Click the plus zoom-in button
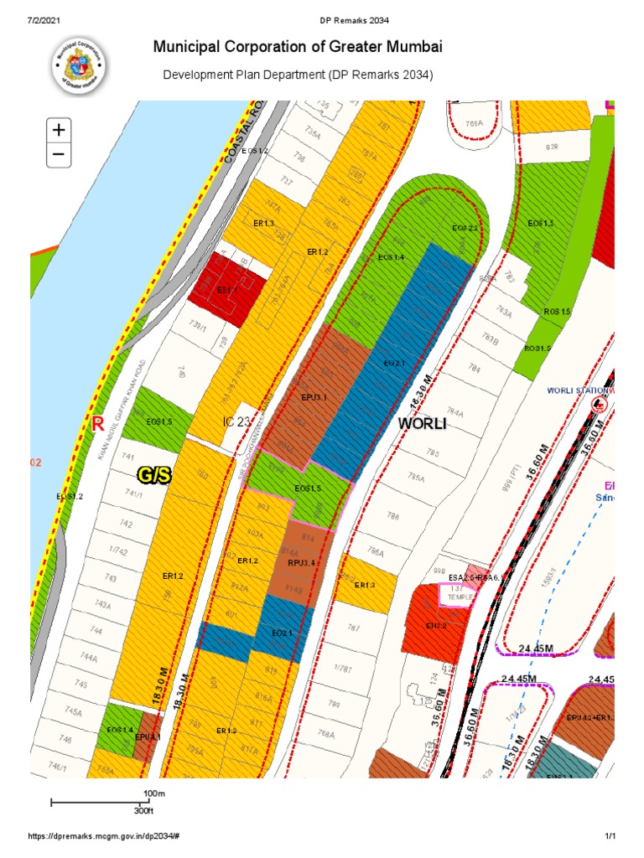(x=59, y=131)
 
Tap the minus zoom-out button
(x=59, y=154)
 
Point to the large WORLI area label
(x=424, y=425)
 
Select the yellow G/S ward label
(x=154, y=476)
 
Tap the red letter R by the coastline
(x=98, y=425)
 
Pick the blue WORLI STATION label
(x=575, y=390)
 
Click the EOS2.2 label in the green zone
(x=465, y=228)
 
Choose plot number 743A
(x=103, y=604)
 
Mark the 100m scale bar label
(x=153, y=793)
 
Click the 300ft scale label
(x=144, y=811)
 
